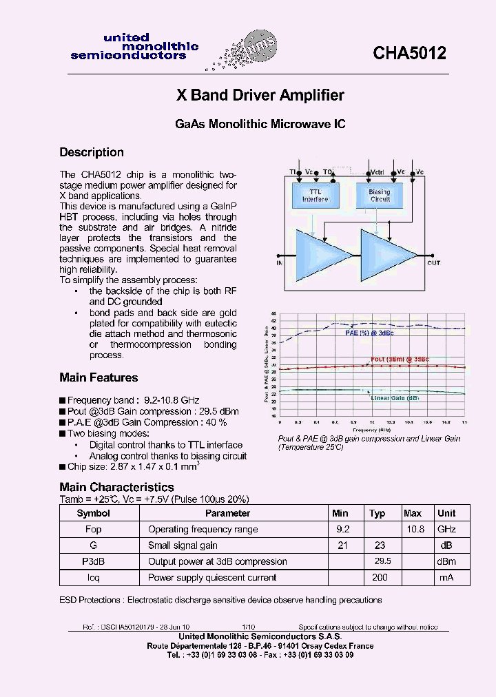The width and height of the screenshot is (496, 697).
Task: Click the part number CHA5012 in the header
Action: tap(409, 53)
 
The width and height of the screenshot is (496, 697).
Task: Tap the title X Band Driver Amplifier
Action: tap(260, 95)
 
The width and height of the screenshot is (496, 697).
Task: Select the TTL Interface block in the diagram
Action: tap(315, 196)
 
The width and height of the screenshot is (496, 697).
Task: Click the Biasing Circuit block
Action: tap(379, 196)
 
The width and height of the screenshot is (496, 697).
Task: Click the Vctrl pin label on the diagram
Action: tap(377, 171)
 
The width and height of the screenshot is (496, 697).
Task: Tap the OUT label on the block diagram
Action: tap(433, 263)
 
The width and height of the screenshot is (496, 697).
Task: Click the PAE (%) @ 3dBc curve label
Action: tap(369, 333)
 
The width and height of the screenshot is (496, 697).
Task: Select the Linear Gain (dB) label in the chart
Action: tap(395, 398)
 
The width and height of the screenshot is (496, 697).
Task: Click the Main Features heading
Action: tap(99, 377)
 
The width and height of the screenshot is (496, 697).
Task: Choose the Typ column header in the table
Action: tap(377, 513)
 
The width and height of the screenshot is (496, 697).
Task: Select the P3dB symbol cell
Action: tap(93, 561)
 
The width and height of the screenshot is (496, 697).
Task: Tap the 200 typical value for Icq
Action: tap(380, 577)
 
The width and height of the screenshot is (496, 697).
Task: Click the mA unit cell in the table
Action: tap(446, 577)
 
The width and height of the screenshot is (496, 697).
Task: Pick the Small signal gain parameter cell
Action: tap(183, 545)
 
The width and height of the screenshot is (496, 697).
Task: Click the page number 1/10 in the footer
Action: tap(247, 627)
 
